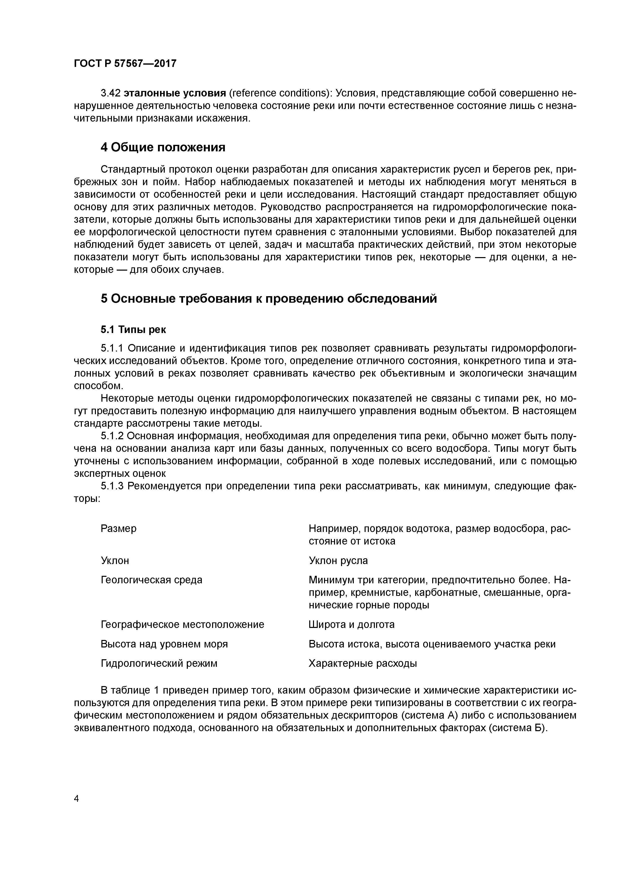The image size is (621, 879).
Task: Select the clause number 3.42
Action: tap(111, 93)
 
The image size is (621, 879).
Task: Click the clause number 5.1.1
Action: tap(113, 348)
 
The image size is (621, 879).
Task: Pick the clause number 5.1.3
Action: tap(113, 486)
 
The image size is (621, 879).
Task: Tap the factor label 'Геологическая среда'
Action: tap(151, 580)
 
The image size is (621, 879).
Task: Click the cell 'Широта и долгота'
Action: tap(351, 624)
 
